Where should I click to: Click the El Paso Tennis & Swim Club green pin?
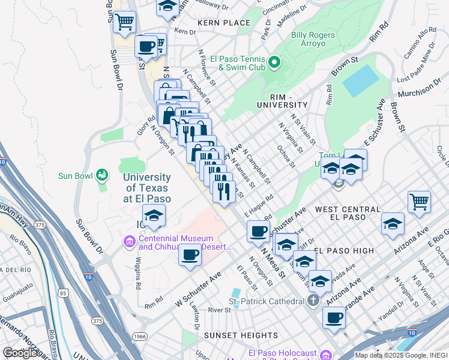click(x=274, y=62)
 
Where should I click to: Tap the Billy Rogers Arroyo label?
click(x=313, y=40)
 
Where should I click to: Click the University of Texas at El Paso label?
click(x=147, y=188)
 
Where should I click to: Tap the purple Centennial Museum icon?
click(x=128, y=242)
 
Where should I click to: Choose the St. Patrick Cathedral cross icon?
click(x=313, y=301)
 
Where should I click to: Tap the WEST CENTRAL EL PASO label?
click(x=348, y=209)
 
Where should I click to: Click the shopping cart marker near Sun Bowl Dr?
click(x=124, y=22)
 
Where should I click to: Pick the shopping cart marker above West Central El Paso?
click(x=419, y=202)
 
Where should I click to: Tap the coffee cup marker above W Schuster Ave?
click(x=190, y=254)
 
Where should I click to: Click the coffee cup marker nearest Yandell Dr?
click(x=334, y=318)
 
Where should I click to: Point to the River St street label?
click(x=220, y=310)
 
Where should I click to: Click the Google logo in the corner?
click(x=20, y=353)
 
